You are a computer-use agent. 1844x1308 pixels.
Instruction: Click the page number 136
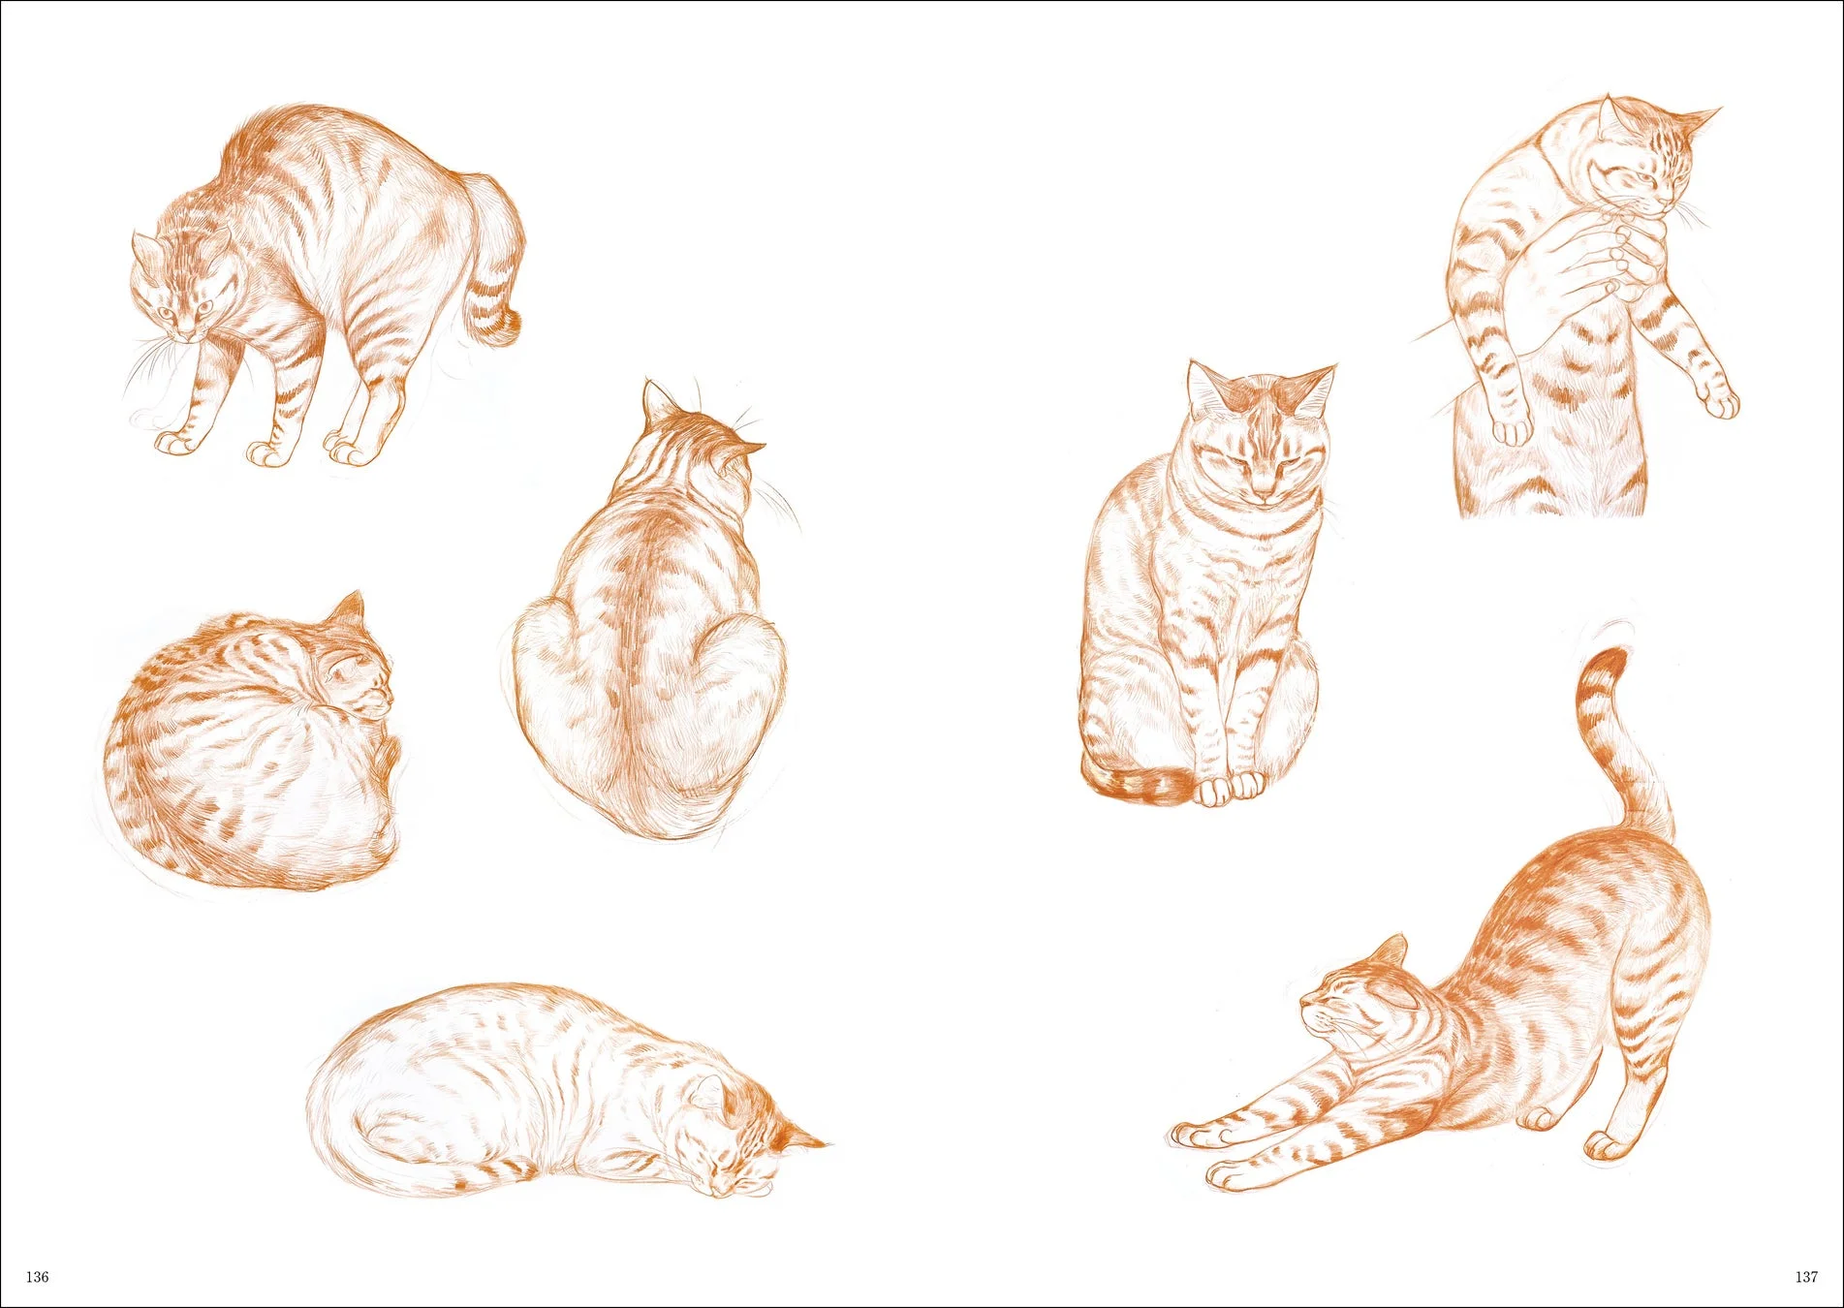click(x=37, y=1277)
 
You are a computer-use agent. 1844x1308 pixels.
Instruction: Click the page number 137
click(x=1806, y=1277)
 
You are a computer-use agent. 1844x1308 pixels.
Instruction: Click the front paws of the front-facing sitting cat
click(x=1229, y=789)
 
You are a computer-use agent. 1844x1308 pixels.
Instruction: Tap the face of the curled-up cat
click(x=363, y=678)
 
